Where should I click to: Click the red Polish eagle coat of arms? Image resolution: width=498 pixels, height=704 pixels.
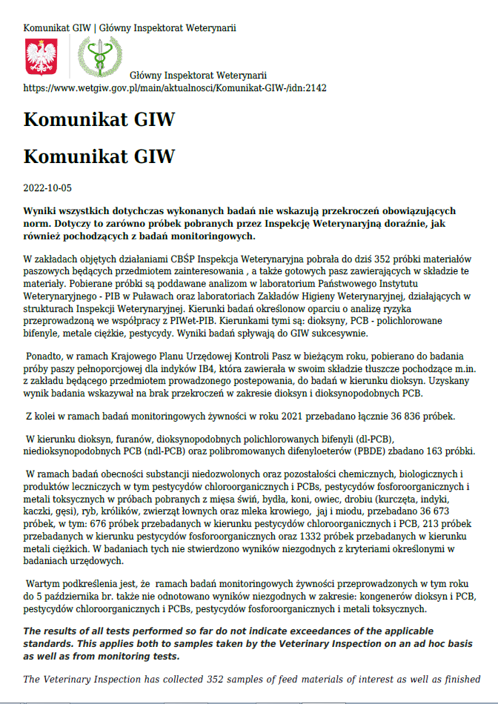click(x=41, y=56)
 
